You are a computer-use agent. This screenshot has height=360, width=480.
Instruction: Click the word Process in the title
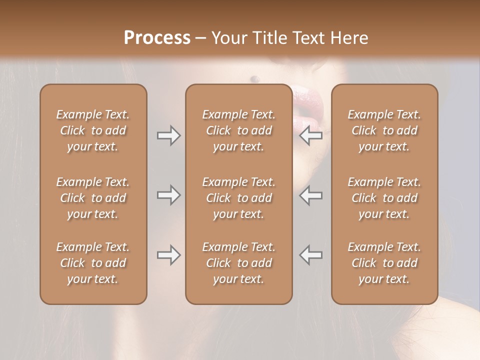coord(157,37)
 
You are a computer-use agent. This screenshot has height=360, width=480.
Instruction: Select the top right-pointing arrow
coord(169,135)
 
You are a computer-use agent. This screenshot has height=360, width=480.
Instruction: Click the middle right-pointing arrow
coord(169,195)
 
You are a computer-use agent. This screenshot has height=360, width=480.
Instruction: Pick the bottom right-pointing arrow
coord(169,255)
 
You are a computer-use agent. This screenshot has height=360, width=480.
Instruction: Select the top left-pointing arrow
coord(310,135)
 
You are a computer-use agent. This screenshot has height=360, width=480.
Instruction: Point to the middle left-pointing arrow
coord(310,195)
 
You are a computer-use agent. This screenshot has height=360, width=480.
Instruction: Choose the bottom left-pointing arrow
coord(310,255)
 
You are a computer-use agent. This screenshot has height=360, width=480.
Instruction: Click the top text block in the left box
coord(93,130)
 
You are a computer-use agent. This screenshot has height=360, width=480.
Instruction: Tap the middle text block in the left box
coord(93,198)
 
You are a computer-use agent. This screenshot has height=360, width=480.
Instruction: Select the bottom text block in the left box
coord(93,263)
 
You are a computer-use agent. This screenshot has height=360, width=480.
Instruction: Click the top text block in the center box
coord(238,130)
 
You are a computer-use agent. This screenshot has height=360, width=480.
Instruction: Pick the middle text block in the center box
coord(238,198)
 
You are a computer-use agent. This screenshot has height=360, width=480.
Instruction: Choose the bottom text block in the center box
coord(238,263)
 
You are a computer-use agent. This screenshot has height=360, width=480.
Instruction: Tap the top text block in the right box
coord(384,130)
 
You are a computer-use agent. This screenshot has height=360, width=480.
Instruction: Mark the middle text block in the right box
coord(384,198)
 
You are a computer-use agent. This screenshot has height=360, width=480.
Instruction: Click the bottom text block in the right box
coord(384,263)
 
